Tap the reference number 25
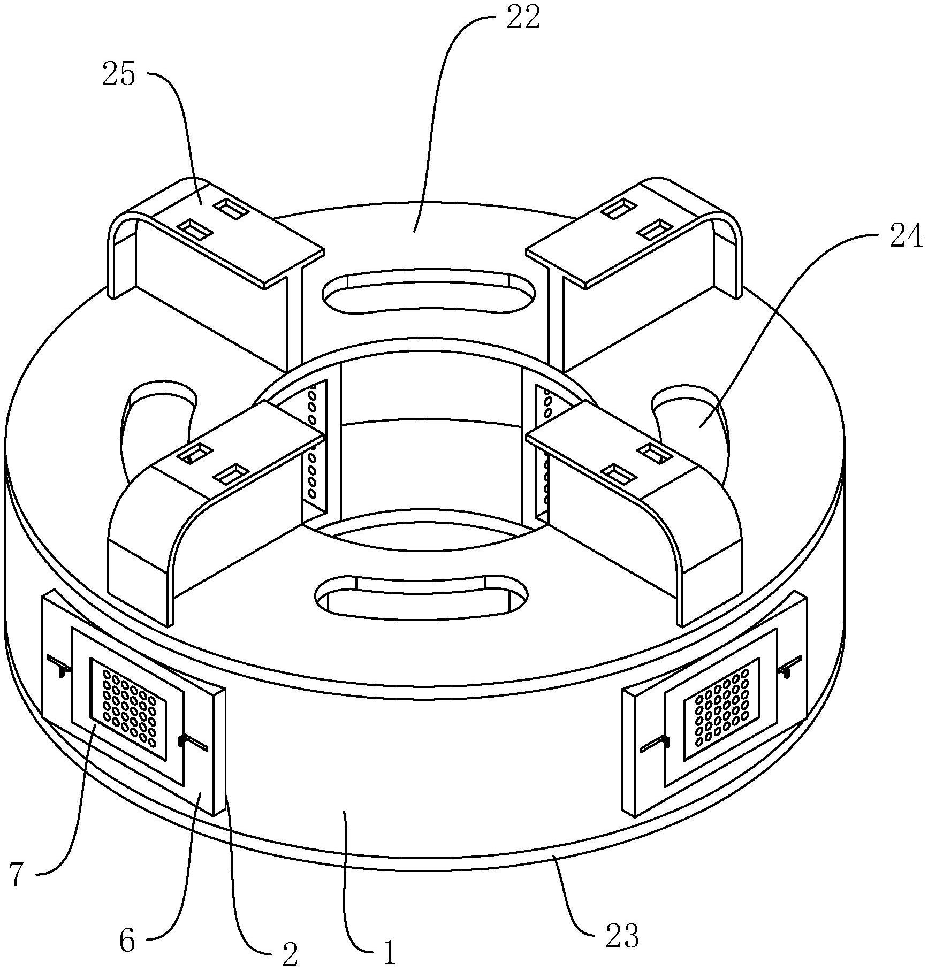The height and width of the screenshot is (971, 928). (119, 73)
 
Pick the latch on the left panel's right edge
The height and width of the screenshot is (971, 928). (193, 743)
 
